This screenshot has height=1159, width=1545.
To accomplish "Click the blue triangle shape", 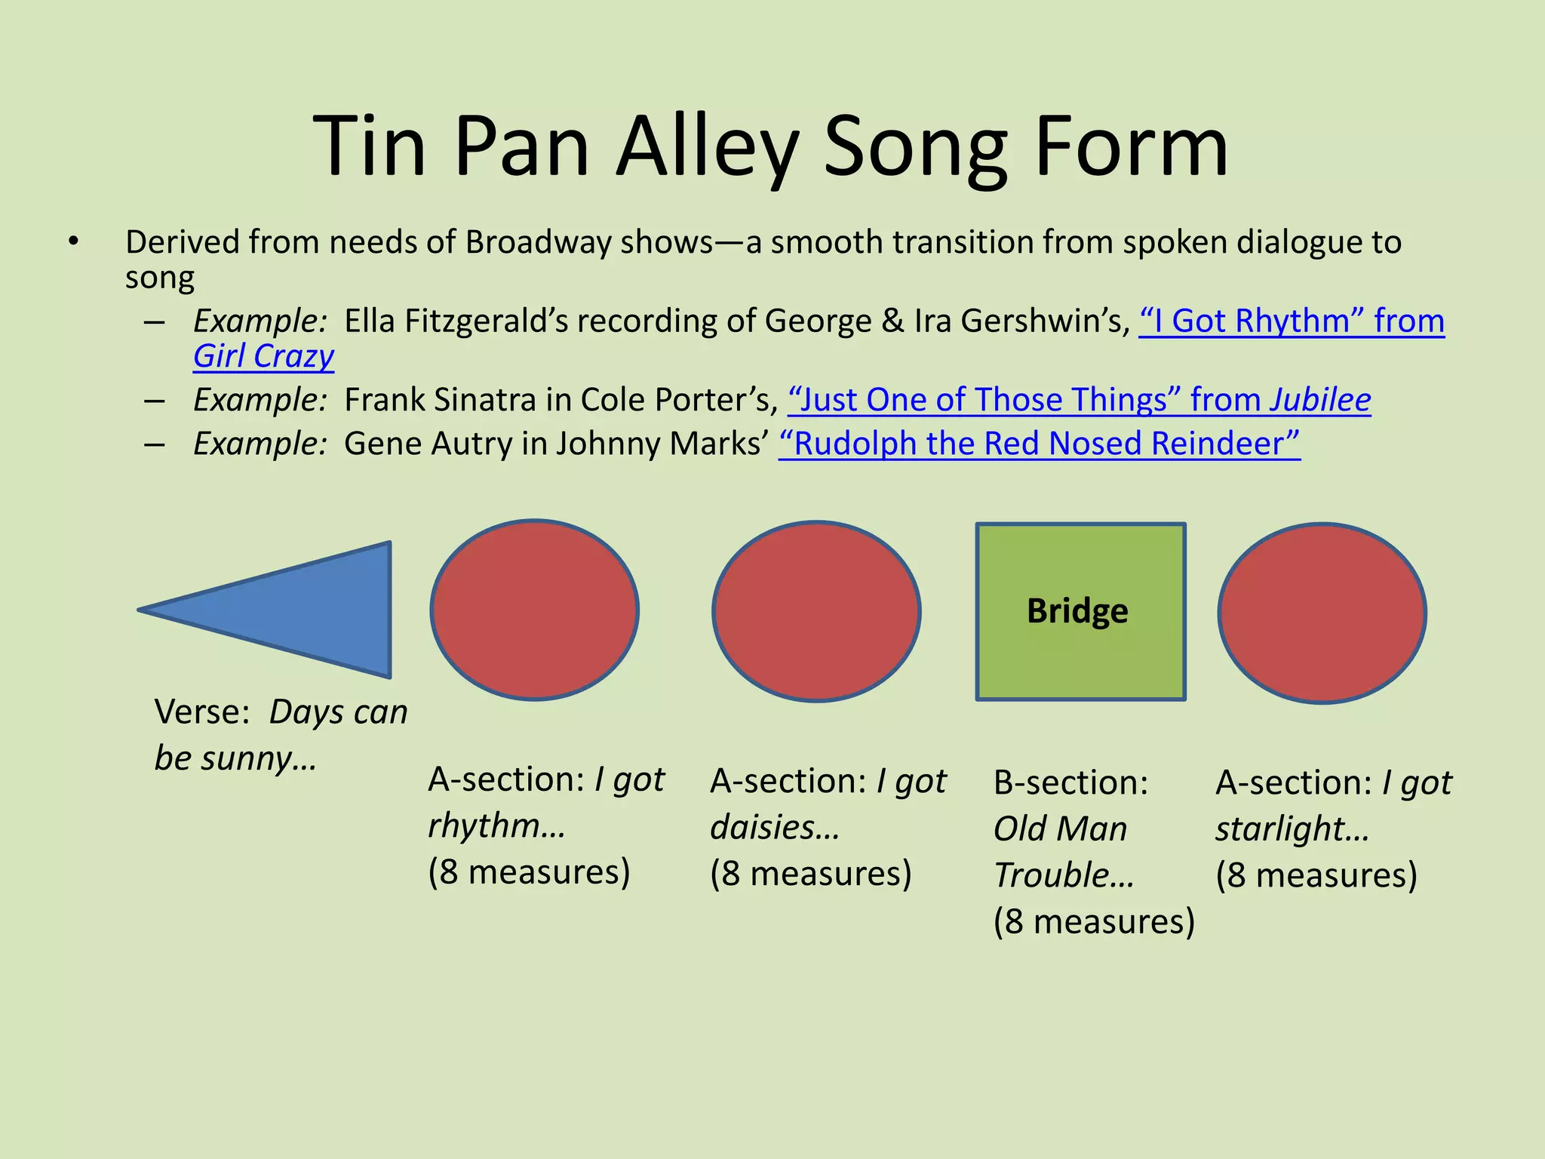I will [x=302, y=610].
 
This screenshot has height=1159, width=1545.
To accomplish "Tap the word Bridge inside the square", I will [x=1077, y=610].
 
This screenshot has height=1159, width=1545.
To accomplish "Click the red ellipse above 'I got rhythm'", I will [x=535, y=610].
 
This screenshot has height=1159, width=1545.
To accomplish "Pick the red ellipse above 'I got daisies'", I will [x=816, y=611].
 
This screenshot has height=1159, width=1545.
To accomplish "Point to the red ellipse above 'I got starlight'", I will [x=1322, y=613].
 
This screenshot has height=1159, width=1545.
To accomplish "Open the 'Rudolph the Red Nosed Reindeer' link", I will [x=1039, y=443].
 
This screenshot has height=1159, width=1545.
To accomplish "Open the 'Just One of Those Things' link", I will [x=1079, y=399].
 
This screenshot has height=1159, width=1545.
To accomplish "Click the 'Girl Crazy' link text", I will [x=263, y=355].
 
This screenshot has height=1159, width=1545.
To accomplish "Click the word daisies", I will [x=774, y=827].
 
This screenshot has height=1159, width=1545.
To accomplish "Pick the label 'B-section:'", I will [x=1070, y=782].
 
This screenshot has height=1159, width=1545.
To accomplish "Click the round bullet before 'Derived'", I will [x=72, y=242].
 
